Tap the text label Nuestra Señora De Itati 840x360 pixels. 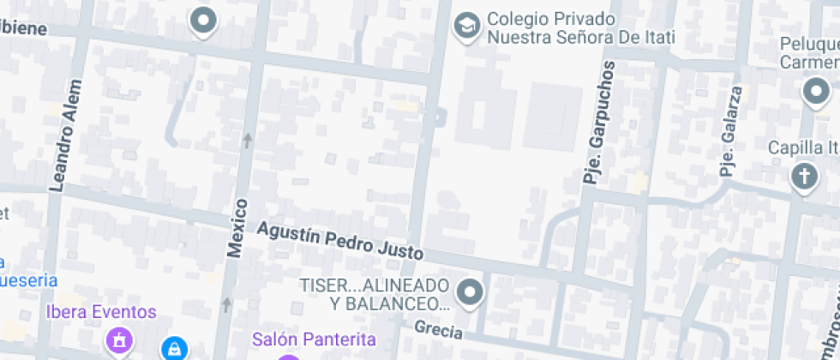(x=581, y=38)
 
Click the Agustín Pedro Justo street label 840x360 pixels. (x=340, y=241)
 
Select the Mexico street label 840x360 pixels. (x=237, y=228)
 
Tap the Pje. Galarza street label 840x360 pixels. (x=729, y=131)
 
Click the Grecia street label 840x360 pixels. (x=438, y=329)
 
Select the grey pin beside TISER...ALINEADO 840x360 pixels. (x=470, y=294)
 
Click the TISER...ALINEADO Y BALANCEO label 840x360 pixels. (x=374, y=294)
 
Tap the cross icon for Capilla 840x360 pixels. (x=804, y=177)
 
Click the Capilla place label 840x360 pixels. (x=802, y=147)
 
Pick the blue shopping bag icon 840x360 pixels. (x=174, y=348)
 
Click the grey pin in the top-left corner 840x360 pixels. (x=203, y=21)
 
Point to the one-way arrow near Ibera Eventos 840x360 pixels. (x=227, y=304)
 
